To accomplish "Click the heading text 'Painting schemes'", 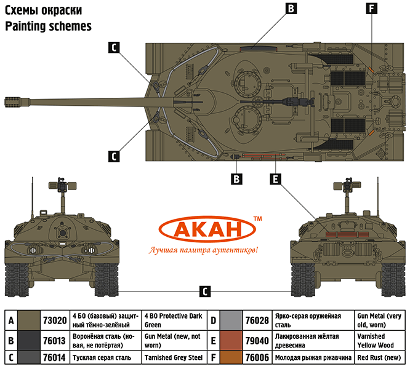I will coord(48,26).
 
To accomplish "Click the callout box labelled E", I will coord(276,179).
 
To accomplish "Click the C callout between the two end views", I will coord(206,291).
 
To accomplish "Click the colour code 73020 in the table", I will coord(54,320).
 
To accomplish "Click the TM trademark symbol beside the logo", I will coord(257,219).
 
